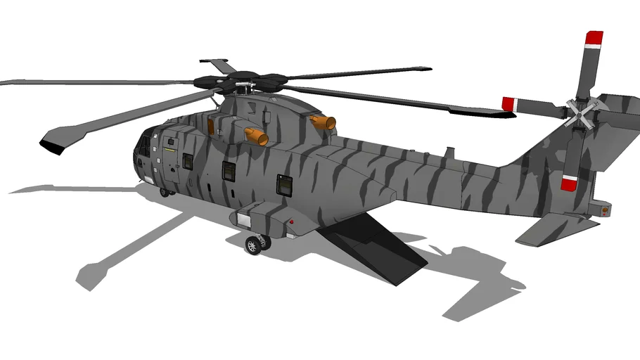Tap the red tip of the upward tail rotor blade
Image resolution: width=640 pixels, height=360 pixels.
(x=594, y=39)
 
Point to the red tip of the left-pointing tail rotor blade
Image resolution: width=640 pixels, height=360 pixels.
(x=508, y=104)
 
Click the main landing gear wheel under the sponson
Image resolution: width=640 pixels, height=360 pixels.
(x=252, y=245)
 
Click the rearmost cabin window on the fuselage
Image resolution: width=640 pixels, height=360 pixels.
(x=284, y=184)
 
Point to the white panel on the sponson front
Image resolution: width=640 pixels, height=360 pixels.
(x=244, y=219)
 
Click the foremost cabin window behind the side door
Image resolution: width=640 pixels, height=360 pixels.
(x=188, y=161)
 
